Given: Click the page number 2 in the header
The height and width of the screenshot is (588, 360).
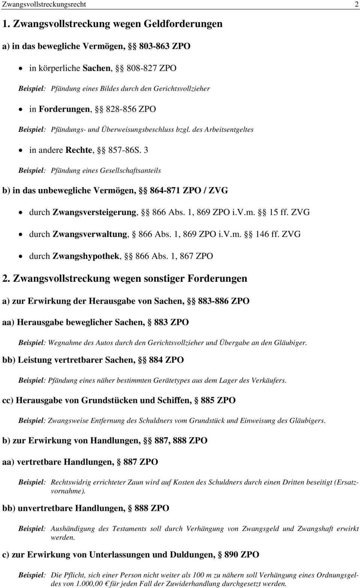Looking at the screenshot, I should [356, 4].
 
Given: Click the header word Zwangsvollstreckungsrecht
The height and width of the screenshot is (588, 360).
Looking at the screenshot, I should [44, 4].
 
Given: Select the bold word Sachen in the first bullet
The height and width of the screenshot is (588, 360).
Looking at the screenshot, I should [96, 68].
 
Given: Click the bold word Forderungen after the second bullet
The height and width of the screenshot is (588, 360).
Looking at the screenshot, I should [64, 109].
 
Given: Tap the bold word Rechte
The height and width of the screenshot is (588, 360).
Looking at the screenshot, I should [79, 150].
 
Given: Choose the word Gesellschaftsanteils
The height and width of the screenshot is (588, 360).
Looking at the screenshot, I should [130, 171].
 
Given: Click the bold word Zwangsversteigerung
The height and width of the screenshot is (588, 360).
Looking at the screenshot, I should [95, 212].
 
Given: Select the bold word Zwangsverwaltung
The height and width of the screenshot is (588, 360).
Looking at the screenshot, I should [90, 234].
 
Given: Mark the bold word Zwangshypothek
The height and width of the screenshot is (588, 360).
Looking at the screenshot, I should [87, 256].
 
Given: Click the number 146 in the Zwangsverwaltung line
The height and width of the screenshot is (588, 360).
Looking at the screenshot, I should [262, 234].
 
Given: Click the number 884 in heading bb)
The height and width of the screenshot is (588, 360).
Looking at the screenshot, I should [156, 360].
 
